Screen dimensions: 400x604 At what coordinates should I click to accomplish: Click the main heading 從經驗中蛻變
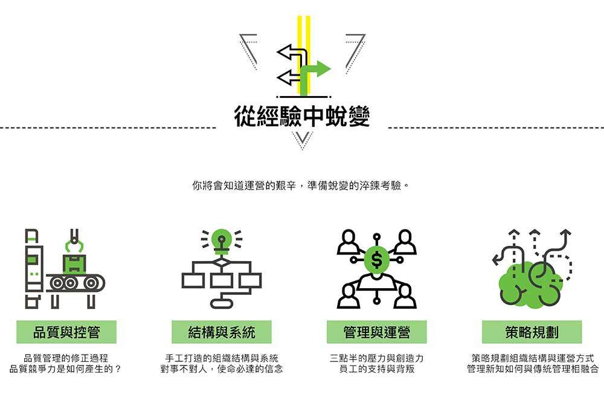(301, 117)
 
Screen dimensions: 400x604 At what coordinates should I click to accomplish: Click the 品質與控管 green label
(66, 332)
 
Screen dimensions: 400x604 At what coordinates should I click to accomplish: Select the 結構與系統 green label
(222, 332)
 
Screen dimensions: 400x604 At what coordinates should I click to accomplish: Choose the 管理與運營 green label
(376, 332)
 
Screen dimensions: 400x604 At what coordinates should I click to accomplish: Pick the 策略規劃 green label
(532, 332)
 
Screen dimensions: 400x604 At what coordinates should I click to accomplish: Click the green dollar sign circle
(377, 260)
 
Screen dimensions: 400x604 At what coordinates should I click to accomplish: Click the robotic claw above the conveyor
(75, 240)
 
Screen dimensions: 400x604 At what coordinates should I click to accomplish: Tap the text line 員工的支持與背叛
(376, 369)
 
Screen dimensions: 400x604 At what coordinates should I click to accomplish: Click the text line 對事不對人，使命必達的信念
(222, 369)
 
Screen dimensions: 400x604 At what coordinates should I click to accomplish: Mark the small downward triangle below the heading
(302, 139)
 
